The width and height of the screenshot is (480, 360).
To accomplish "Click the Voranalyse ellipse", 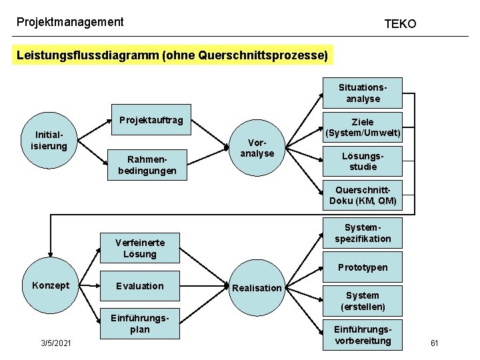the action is tap(257, 148).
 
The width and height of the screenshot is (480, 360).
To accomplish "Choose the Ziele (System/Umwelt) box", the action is tap(363, 127).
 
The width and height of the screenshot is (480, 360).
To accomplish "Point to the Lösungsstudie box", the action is tap(363, 161).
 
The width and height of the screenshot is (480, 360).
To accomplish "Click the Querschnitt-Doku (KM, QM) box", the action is tap(363, 195).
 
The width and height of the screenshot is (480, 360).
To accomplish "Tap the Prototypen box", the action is tap(363, 267).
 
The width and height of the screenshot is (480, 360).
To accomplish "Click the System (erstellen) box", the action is tap(363, 301).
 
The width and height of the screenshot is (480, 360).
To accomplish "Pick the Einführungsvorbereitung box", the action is tap(363, 335).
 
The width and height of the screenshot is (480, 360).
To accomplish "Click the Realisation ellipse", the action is tap(257, 288).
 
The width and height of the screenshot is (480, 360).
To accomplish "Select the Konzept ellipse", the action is tap(50, 285).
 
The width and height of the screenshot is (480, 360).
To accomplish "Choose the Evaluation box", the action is tap(140, 286).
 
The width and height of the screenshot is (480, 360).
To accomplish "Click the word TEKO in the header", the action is tap(400, 24).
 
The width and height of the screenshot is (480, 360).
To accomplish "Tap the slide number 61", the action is tap(434, 343).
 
